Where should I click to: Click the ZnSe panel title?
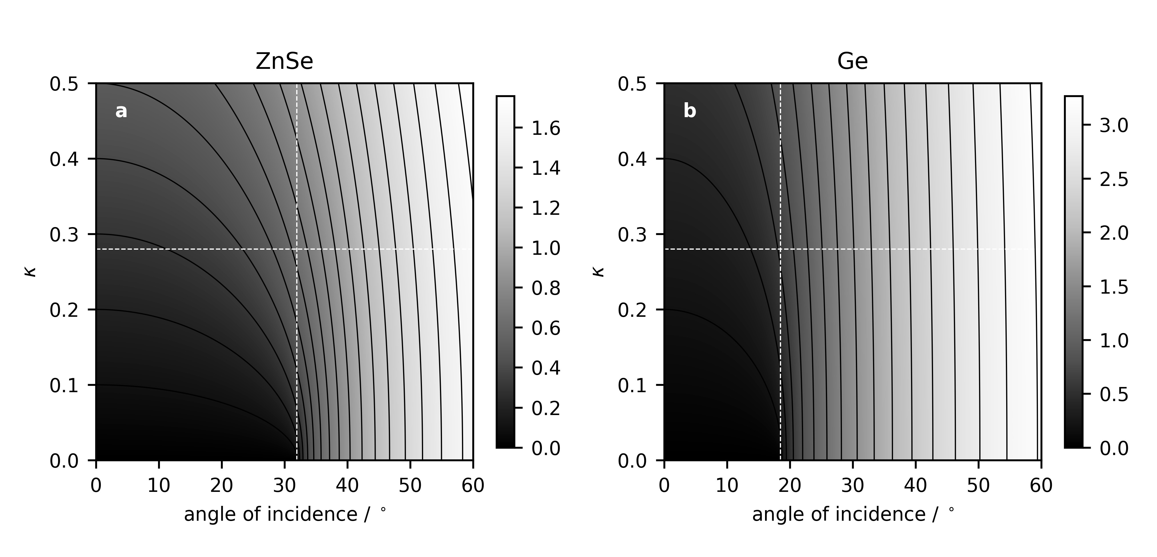(x=284, y=61)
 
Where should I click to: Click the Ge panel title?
(x=852, y=61)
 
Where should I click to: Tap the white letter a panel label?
(x=121, y=111)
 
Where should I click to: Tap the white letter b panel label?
(x=689, y=111)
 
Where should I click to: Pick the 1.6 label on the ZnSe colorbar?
(x=546, y=129)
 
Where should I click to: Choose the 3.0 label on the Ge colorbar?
(x=1114, y=126)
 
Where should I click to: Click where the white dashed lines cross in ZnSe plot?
(x=297, y=249)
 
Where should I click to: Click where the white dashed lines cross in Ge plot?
(x=780, y=249)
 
